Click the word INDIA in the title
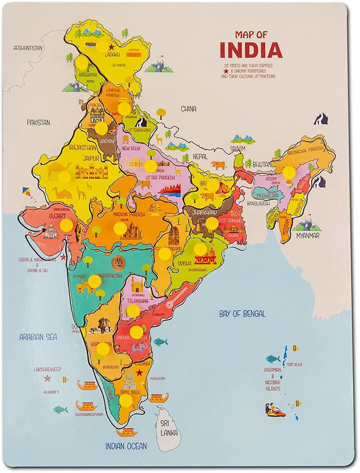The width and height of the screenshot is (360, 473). (251, 50)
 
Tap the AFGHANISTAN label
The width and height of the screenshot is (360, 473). (28, 48)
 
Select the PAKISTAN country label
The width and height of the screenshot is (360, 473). (38, 122)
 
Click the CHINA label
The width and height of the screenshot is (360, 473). (188, 109)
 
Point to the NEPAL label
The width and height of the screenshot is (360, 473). (200, 156)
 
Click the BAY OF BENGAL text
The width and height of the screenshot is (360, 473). (242, 314)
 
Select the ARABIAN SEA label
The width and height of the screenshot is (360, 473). (38, 337)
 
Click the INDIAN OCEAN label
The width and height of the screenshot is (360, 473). (126, 446)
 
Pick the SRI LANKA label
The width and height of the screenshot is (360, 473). (167, 428)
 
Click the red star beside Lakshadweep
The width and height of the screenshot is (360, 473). (47, 378)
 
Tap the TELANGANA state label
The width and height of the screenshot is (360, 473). (137, 300)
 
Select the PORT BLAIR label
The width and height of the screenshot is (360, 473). (294, 365)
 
